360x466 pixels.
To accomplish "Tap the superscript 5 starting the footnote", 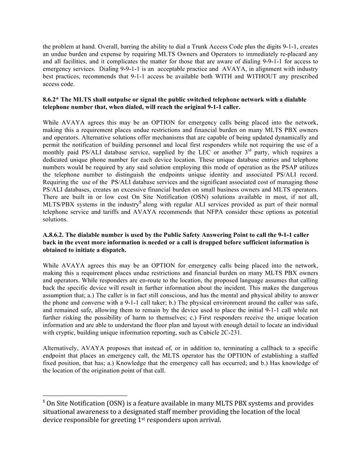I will point(44,399).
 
